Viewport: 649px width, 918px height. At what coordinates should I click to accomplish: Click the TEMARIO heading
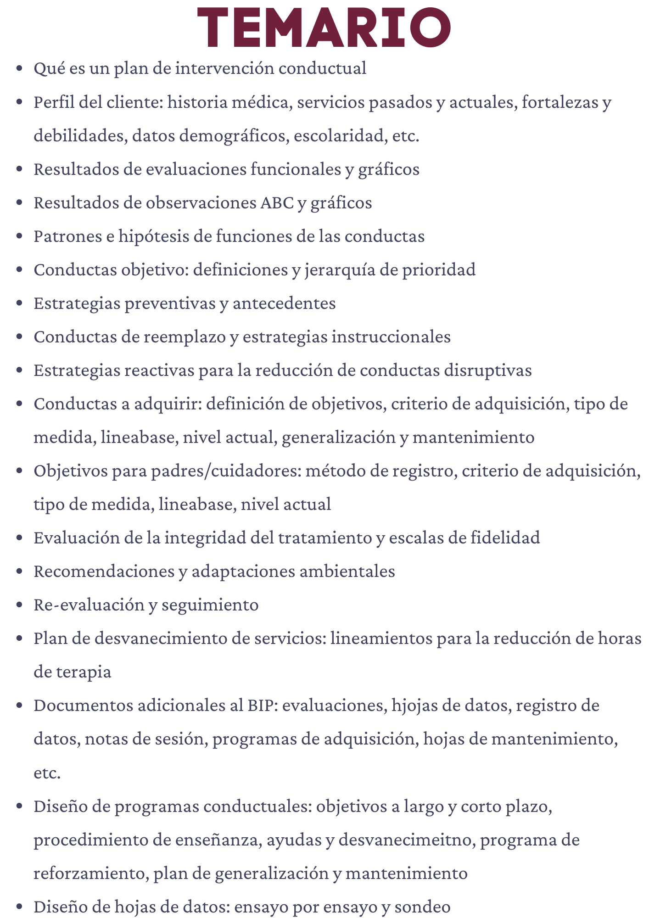(324, 28)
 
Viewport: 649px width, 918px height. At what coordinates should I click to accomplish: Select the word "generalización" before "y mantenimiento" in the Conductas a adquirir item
(338, 437)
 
